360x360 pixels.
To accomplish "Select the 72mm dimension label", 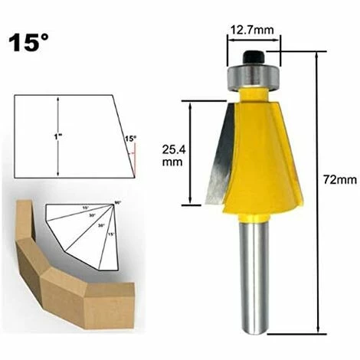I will tap(339, 180).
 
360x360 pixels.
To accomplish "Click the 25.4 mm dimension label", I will tap(173, 155).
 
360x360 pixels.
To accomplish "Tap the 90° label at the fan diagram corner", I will tap(117, 202).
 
